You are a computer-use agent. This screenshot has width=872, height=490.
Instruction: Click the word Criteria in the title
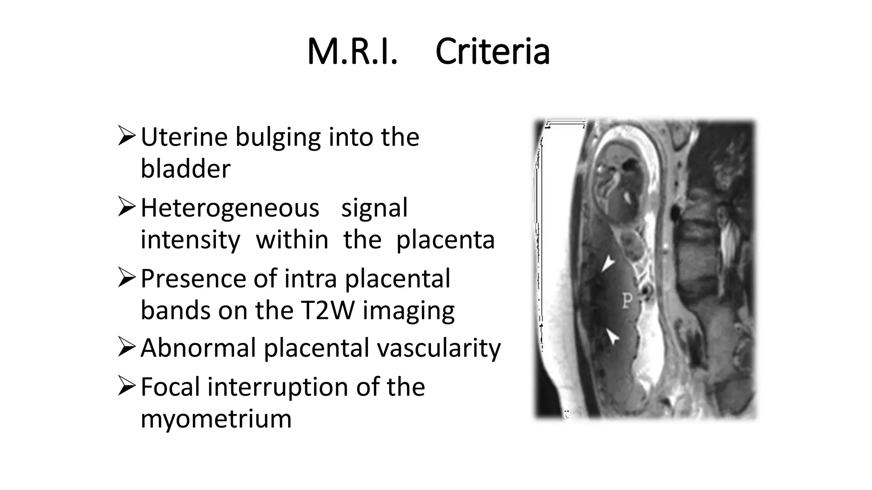(492, 52)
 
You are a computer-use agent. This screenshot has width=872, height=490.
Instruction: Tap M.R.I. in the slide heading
(352, 52)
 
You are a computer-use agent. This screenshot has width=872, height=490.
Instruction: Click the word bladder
(185, 168)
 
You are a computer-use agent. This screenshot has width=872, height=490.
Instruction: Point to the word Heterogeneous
(230, 208)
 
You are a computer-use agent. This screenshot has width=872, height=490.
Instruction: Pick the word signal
(374, 208)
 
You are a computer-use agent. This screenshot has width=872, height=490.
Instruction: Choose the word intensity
(190, 239)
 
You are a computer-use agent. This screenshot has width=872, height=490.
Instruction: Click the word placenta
(445, 239)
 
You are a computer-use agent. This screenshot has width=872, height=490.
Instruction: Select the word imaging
(408, 311)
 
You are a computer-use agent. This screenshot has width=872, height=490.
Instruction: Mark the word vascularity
(439, 348)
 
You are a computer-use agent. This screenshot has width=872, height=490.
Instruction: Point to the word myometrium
(216, 419)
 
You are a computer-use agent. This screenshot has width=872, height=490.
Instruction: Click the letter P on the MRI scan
(627, 301)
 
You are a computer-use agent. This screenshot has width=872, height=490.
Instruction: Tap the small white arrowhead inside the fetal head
(628, 197)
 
